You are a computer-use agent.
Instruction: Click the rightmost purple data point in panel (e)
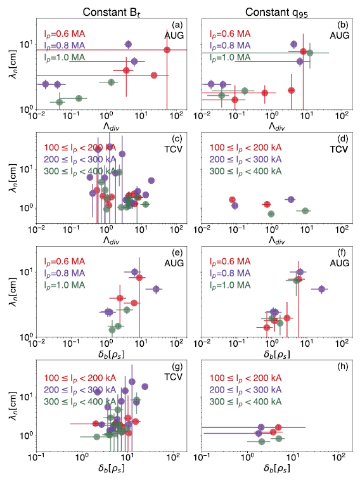156,289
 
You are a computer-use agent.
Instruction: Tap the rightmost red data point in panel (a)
167,50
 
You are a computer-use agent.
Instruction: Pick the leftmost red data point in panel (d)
232,200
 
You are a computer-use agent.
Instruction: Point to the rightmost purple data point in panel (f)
322,289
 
